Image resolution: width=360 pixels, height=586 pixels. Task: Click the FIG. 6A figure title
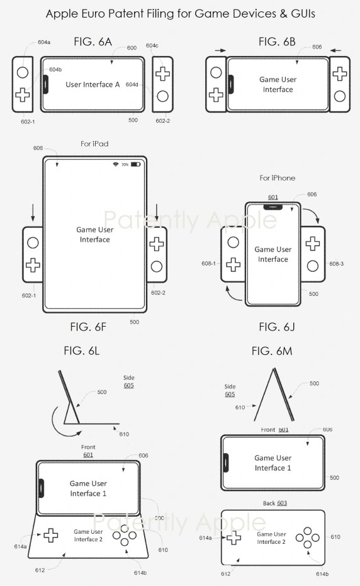pyautogui.click(x=93, y=42)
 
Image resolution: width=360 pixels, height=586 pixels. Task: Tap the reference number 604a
pyautogui.click(x=44, y=42)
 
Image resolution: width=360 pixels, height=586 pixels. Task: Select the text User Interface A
pyautogui.click(x=93, y=84)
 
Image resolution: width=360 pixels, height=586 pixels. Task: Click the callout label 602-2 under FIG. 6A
pyautogui.click(x=162, y=121)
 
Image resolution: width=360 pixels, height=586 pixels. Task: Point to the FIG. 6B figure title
pyautogui.click(x=277, y=42)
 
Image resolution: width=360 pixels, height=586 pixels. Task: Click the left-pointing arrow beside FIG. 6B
pyautogui.click(x=335, y=50)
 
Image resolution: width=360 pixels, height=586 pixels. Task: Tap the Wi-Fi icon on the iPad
pyautogui.click(x=116, y=164)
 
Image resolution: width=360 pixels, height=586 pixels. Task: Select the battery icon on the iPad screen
pyautogui.click(x=135, y=164)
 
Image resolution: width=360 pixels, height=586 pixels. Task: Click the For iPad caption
pyautogui.click(x=94, y=144)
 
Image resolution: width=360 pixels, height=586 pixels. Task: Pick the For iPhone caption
pyautogui.click(x=278, y=178)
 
